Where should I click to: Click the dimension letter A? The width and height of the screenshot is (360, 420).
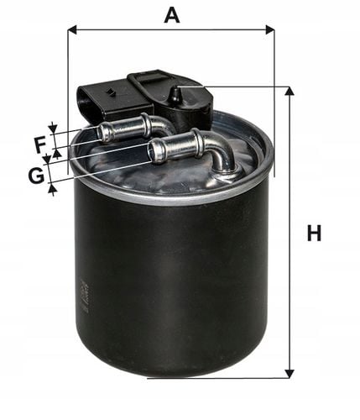(x=172, y=16)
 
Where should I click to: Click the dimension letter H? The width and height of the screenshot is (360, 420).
(x=314, y=233)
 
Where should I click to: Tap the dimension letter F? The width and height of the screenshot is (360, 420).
(x=41, y=145)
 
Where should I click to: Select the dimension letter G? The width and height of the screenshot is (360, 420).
(x=36, y=176)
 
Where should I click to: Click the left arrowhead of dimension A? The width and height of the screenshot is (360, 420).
(x=72, y=29)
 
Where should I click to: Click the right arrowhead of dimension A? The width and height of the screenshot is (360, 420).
(x=270, y=29)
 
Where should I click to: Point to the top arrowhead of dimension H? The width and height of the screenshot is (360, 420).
(x=290, y=91)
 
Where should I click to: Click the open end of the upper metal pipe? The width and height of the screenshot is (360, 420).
(x=102, y=132)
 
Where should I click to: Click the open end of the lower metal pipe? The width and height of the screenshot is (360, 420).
(x=154, y=151)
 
